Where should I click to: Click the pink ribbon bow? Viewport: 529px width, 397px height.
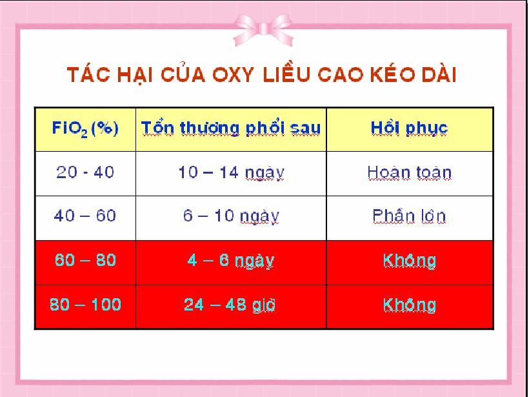(263, 30)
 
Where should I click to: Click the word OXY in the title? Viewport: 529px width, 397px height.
(233, 75)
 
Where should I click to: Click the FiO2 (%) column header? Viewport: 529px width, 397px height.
(85, 128)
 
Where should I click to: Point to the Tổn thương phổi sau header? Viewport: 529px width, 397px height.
(231, 128)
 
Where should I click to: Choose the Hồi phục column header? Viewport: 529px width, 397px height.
(409, 128)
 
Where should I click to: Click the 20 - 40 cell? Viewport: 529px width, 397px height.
(85, 172)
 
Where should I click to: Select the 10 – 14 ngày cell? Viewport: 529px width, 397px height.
(231, 173)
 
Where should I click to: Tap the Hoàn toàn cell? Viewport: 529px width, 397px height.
(409, 172)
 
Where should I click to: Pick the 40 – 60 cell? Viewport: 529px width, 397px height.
(85, 216)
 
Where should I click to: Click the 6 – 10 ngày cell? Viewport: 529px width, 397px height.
(231, 216)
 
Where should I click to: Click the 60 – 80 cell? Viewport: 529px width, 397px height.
(85, 260)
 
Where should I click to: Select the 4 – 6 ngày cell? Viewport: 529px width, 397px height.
(231, 261)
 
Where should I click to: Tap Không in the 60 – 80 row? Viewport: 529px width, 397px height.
(409, 261)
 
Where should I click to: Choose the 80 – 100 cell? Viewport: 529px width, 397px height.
(85, 305)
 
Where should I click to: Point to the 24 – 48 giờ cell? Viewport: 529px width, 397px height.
(230, 305)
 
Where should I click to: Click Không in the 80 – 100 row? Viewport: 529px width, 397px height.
(409, 305)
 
